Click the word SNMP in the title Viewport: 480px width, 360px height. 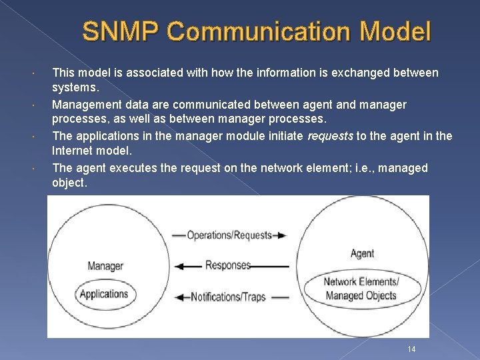click(x=120, y=31)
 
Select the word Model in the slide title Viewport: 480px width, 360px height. click(x=399, y=31)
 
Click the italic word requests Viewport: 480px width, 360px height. click(x=330, y=136)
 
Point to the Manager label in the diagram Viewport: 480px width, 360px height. click(x=105, y=266)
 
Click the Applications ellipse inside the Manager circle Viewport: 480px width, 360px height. click(x=103, y=294)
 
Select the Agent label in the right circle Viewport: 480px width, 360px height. click(x=362, y=253)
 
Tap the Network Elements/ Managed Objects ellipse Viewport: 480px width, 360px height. click(x=361, y=289)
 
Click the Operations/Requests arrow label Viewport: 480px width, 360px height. click(x=229, y=235)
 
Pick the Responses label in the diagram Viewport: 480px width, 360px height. click(x=228, y=265)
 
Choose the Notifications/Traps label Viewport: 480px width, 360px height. click(x=228, y=297)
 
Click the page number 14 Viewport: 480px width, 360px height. click(x=411, y=349)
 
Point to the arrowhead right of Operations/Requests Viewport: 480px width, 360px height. click(x=282, y=235)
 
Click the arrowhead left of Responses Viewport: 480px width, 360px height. click(x=179, y=266)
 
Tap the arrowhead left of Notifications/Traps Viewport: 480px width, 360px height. click(x=179, y=297)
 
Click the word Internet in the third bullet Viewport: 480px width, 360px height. click(x=72, y=152)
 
